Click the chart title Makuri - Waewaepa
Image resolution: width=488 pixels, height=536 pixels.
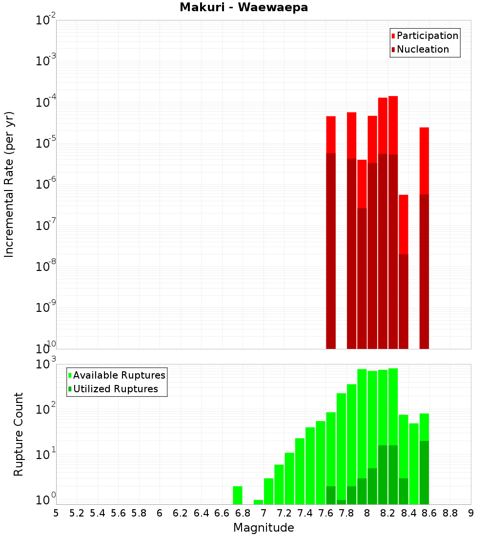244,8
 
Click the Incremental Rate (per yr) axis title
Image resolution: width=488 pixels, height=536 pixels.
9,184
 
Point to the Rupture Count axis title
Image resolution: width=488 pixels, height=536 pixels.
19,434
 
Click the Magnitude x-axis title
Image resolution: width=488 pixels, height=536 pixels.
264,528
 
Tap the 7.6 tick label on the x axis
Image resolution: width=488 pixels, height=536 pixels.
325,513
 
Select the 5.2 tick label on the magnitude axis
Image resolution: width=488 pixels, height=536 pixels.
77,513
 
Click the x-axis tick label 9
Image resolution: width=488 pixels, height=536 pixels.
471,513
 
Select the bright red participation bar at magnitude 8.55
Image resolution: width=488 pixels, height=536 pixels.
424,161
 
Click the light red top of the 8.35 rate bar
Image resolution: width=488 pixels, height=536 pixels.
404,224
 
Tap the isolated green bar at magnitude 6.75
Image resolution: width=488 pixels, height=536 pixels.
238,495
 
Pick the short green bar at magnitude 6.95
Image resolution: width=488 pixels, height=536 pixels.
258,502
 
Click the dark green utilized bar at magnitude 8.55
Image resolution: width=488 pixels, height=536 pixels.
424,473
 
